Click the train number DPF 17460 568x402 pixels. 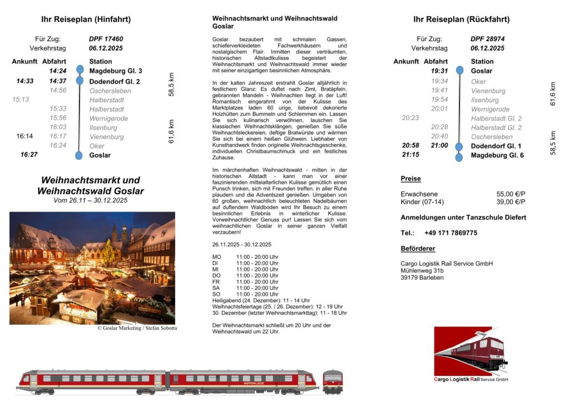point(106,39)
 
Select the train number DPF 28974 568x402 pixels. point(488,39)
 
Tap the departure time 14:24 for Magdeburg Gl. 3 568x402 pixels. point(58,71)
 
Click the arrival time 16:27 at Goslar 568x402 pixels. point(29,155)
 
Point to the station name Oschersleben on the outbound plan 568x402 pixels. point(110,91)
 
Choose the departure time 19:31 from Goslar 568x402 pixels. point(439,71)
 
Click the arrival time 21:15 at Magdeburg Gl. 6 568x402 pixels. point(410,155)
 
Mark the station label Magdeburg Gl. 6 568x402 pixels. point(497,155)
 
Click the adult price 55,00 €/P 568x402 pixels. point(511,194)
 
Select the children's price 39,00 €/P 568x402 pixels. point(511,202)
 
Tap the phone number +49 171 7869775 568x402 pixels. point(450,233)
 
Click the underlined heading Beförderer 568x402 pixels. point(418,248)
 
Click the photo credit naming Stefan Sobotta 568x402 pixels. point(137,328)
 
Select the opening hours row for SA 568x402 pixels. point(245,288)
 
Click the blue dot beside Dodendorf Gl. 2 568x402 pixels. point(80,81)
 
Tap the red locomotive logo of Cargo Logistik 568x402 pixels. point(470,351)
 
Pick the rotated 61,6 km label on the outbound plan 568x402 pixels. point(171,132)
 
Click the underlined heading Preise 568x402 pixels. point(410,179)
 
